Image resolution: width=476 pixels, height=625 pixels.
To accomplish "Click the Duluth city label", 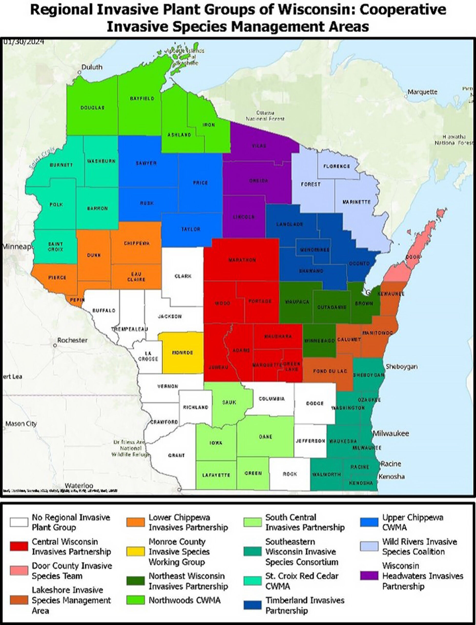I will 92,67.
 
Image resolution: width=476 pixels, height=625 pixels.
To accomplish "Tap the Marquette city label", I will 422,92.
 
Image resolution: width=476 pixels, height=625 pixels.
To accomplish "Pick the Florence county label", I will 337,166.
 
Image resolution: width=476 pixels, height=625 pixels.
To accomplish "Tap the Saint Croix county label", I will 56,247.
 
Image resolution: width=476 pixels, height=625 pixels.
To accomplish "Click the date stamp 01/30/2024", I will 24,42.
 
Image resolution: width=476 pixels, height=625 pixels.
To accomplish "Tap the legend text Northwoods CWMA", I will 185,600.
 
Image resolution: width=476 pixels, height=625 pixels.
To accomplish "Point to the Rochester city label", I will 72,340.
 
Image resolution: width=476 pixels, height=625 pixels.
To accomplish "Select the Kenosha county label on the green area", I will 361,483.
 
